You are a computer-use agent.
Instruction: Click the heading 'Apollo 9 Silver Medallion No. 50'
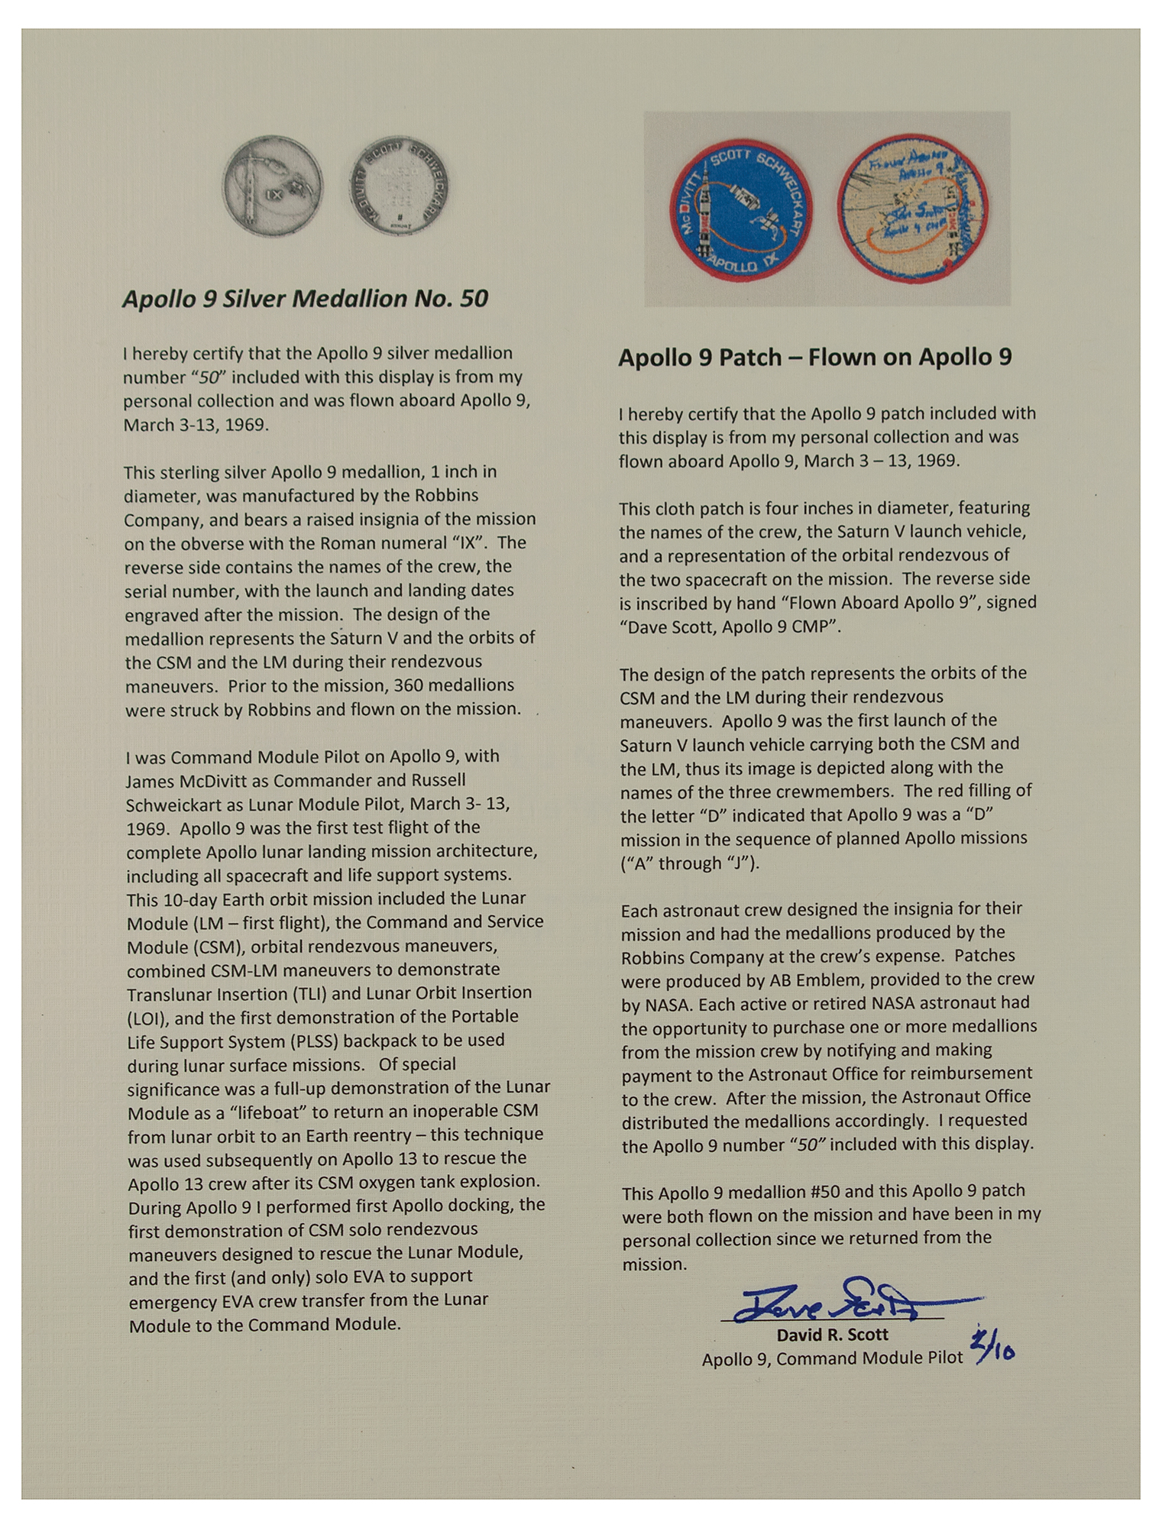pyautogui.click(x=305, y=299)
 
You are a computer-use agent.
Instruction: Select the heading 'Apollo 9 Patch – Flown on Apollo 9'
pyautogui.click(x=814, y=357)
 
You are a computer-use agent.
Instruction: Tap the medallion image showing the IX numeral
pyautogui.click(x=273, y=187)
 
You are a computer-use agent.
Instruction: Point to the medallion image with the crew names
pyautogui.click(x=398, y=187)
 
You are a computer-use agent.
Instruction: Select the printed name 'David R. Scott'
pyautogui.click(x=832, y=1335)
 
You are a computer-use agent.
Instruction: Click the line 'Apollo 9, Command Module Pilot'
pyautogui.click(x=832, y=1358)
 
